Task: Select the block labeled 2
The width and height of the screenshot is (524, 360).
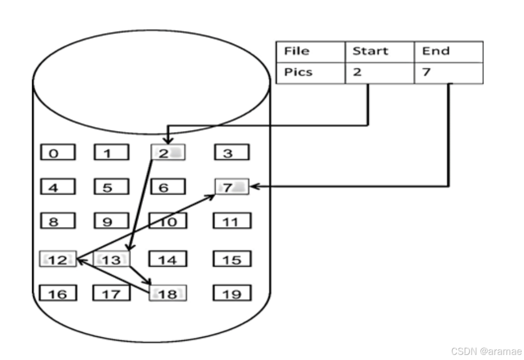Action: pyautogui.click(x=168, y=152)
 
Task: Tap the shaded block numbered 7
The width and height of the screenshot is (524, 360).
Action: pyautogui.click(x=232, y=186)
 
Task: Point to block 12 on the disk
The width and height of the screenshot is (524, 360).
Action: pyautogui.click(x=58, y=259)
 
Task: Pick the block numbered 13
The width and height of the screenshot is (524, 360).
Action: pyautogui.click(x=111, y=259)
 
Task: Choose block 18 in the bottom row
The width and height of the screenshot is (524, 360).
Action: pyautogui.click(x=168, y=293)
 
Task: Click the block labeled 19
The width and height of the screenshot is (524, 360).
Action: pyautogui.click(x=232, y=293)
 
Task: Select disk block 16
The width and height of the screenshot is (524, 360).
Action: pyautogui.click(x=58, y=293)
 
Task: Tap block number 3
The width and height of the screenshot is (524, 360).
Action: pyautogui.click(x=232, y=153)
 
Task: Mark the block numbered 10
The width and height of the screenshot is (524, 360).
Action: pyautogui.click(x=167, y=222)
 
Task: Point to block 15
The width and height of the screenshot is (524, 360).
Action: pyautogui.click(x=232, y=259)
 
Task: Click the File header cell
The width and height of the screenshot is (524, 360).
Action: pyautogui.click(x=310, y=51)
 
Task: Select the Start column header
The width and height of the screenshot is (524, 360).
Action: pyautogui.click(x=379, y=51)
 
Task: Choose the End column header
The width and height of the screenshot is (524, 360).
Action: pyautogui.click(x=449, y=51)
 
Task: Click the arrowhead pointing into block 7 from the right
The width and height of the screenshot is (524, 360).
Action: pyautogui.click(x=254, y=186)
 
